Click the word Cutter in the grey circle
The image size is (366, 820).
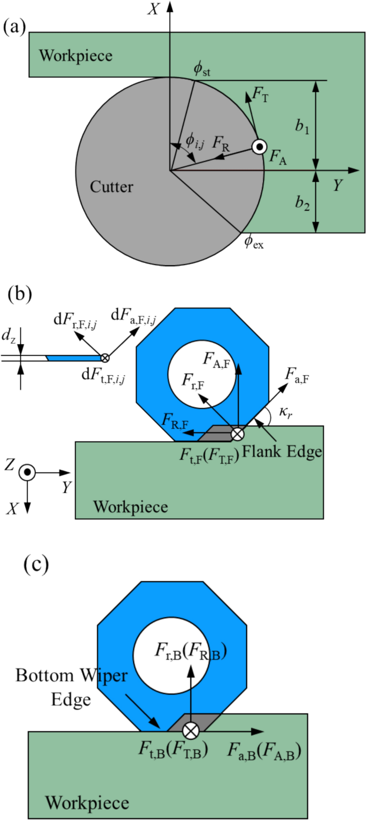point(111,187)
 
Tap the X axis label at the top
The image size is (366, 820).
point(153,9)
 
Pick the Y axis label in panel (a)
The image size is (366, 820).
point(338,185)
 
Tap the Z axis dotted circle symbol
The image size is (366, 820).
point(27,473)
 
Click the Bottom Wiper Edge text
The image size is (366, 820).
point(72,686)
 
